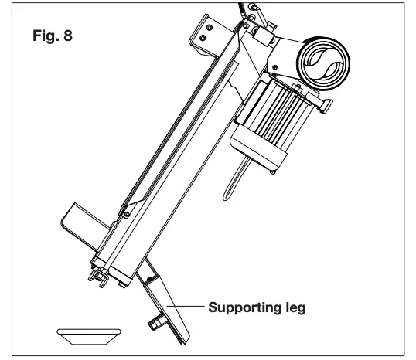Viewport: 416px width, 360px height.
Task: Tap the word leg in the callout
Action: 291,307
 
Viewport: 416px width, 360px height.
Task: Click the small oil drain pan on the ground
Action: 89,334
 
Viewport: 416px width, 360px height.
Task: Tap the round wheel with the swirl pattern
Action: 326,66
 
